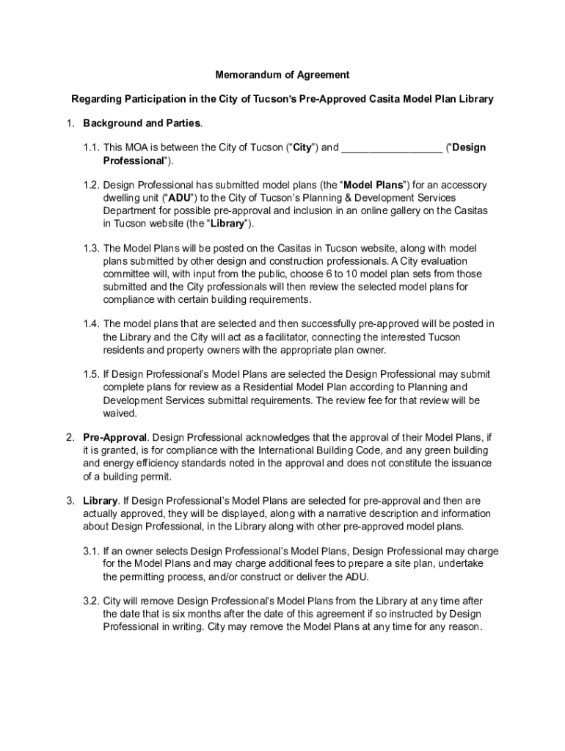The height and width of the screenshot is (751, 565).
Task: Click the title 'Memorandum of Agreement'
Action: pyautogui.click(x=282, y=75)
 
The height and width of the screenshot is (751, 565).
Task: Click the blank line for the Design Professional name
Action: pyautogui.click(x=392, y=147)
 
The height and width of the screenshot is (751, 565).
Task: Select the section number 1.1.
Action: pyautogui.click(x=91, y=147)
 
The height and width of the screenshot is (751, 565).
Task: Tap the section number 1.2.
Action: pyautogui.click(x=91, y=186)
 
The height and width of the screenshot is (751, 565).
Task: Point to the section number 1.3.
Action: pyautogui.click(x=91, y=249)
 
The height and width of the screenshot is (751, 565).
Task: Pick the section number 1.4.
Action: pyautogui.click(x=91, y=323)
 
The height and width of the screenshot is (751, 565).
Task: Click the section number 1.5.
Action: pyautogui.click(x=91, y=374)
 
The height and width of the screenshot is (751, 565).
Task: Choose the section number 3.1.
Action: pyautogui.click(x=91, y=551)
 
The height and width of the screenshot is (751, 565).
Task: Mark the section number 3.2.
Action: pyautogui.click(x=91, y=601)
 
